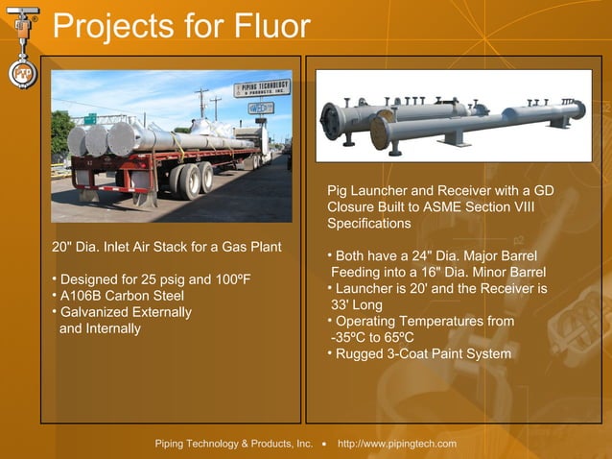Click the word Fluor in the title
[x=268, y=26]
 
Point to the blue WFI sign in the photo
[x=260, y=109]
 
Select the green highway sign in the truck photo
[x=89, y=118]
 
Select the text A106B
[x=82, y=296]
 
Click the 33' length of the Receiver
[x=339, y=304]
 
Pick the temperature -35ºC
[x=347, y=337]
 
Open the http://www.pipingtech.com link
[x=397, y=444]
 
